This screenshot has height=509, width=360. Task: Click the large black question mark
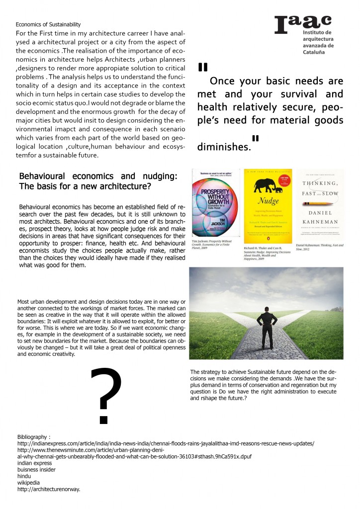pyautogui.click(x=106, y=395)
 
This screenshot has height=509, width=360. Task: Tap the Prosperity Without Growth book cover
pyautogui.click(x=215, y=204)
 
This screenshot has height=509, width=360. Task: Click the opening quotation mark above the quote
pyautogui.click(x=202, y=67)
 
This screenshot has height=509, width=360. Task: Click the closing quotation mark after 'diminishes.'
pyautogui.click(x=256, y=138)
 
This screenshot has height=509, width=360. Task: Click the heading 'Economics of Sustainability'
pyautogui.click(x=48, y=24)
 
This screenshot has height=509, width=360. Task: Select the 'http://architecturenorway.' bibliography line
pyautogui.click(x=49, y=489)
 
